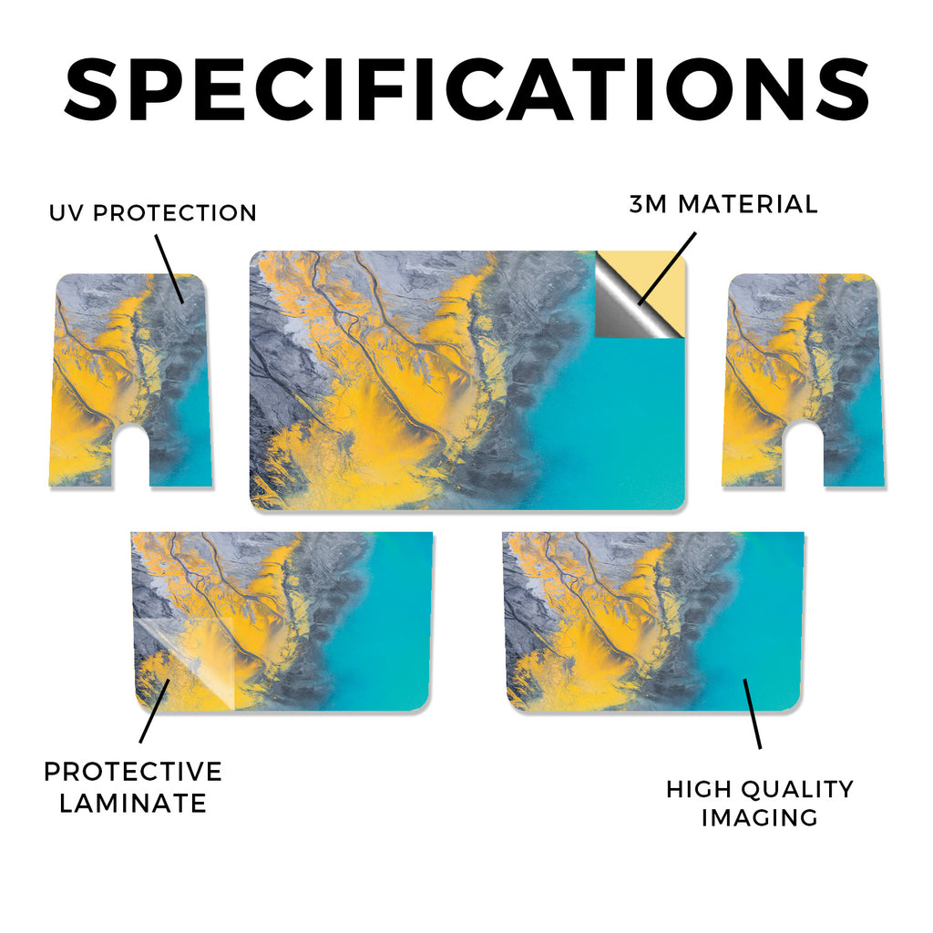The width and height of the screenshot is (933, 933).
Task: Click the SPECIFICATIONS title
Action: [466, 89]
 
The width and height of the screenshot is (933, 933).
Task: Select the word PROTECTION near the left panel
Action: [175, 213]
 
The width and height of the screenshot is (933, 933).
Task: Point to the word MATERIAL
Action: [749, 204]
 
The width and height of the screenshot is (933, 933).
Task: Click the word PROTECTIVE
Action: [133, 772]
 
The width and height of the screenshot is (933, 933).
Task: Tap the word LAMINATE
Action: [133, 804]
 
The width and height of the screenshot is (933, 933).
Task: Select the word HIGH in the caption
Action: [699, 789]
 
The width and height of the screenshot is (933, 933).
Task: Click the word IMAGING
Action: [760, 817]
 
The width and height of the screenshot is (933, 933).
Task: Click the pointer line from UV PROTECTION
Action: [169, 269]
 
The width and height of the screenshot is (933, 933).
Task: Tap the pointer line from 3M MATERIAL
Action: [666, 269]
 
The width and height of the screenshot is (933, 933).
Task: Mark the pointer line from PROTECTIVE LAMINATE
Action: [155, 711]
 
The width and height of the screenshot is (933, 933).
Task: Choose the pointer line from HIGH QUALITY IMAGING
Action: [752, 713]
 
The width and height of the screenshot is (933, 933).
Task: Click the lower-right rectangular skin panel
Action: [653, 621]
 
